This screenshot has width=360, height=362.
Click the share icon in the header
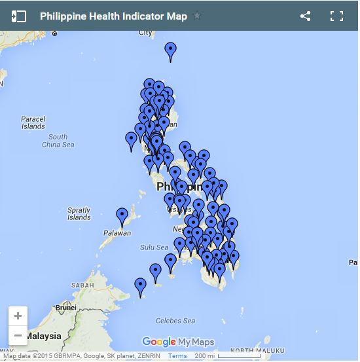point(305,16)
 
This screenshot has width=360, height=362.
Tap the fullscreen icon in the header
point(336,16)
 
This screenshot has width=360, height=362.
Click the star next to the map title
point(198,16)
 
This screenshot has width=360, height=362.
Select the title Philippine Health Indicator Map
point(113,16)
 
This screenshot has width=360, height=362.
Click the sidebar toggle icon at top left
point(18,16)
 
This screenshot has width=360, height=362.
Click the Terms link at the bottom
point(177,356)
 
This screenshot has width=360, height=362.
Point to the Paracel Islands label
point(33,122)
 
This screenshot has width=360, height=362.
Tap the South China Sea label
point(58,141)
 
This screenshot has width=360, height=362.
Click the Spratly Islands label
point(79,213)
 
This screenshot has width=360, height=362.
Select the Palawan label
point(117,233)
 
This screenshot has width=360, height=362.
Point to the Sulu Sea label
point(154,247)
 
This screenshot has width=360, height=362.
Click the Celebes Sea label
point(175,321)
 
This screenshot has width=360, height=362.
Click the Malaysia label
point(43,336)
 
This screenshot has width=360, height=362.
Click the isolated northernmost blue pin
point(170,50)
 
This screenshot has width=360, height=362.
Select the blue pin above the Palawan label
point(122,216)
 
